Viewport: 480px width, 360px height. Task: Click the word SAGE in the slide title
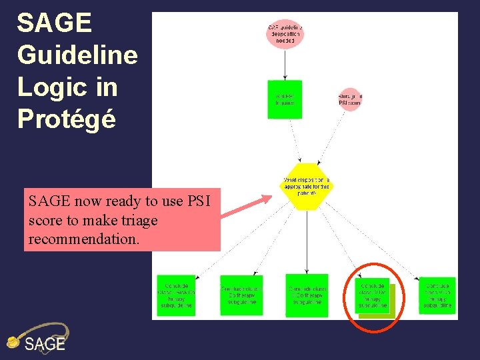(54, 23)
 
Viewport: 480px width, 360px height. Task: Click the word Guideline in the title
(77, 55)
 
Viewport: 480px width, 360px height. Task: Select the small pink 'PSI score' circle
(350, 100)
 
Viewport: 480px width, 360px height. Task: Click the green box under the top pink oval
(285, 99)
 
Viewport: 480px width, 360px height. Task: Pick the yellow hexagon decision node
(307, 185)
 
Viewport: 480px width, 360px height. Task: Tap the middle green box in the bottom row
(307, 295)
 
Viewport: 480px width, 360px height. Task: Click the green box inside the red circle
(373, 296)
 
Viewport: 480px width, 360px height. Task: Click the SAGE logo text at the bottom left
(45, 344)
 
